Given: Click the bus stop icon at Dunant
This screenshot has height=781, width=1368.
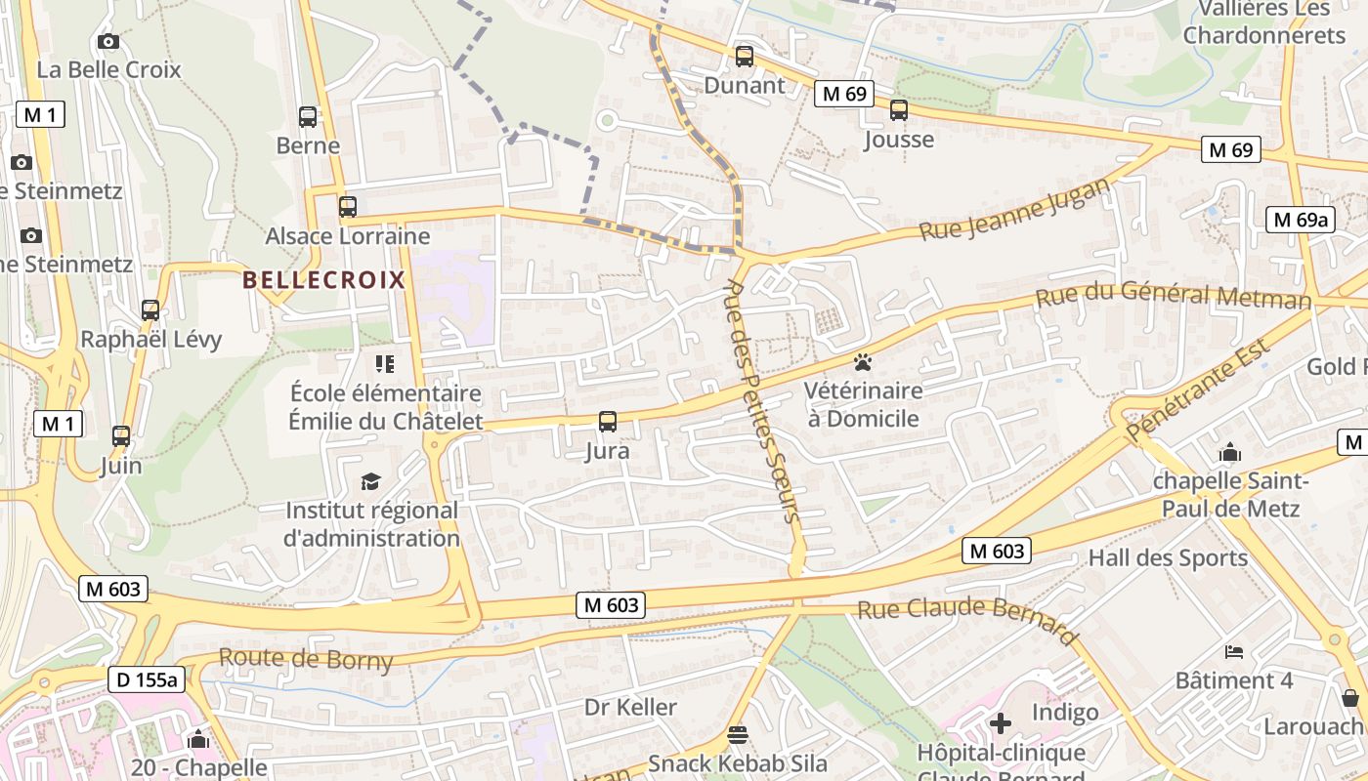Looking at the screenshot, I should tap(745, 57).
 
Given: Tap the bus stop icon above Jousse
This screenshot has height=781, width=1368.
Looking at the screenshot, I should tap(899, 110).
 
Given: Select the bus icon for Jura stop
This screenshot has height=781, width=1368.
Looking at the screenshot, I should tap(608, 422).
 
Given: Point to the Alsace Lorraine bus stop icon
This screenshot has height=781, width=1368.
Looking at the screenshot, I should tap(348, 207).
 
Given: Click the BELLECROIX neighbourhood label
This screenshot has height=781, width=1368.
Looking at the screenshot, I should tap(323, 280).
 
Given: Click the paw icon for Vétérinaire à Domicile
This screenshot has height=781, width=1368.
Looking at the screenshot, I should tap(862, 363).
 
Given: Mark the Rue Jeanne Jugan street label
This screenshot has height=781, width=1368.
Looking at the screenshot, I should tap(1015, 208).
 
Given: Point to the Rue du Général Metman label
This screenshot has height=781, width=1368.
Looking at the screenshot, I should tap(1173, 295).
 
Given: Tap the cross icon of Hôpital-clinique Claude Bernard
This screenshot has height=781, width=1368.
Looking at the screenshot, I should tap(1001, 723).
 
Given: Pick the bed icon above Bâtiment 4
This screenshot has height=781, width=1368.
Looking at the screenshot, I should tap(1234, 651).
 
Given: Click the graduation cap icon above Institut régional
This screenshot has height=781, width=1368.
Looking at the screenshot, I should tap(370, 481).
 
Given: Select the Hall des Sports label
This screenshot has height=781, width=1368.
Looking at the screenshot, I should tap(1168, 558).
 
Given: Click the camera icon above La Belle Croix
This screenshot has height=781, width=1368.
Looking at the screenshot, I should tap(108, 41).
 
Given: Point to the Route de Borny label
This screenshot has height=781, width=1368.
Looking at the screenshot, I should tap(306, 659).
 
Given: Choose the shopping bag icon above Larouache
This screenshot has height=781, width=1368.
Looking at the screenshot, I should tap(1350, 698).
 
